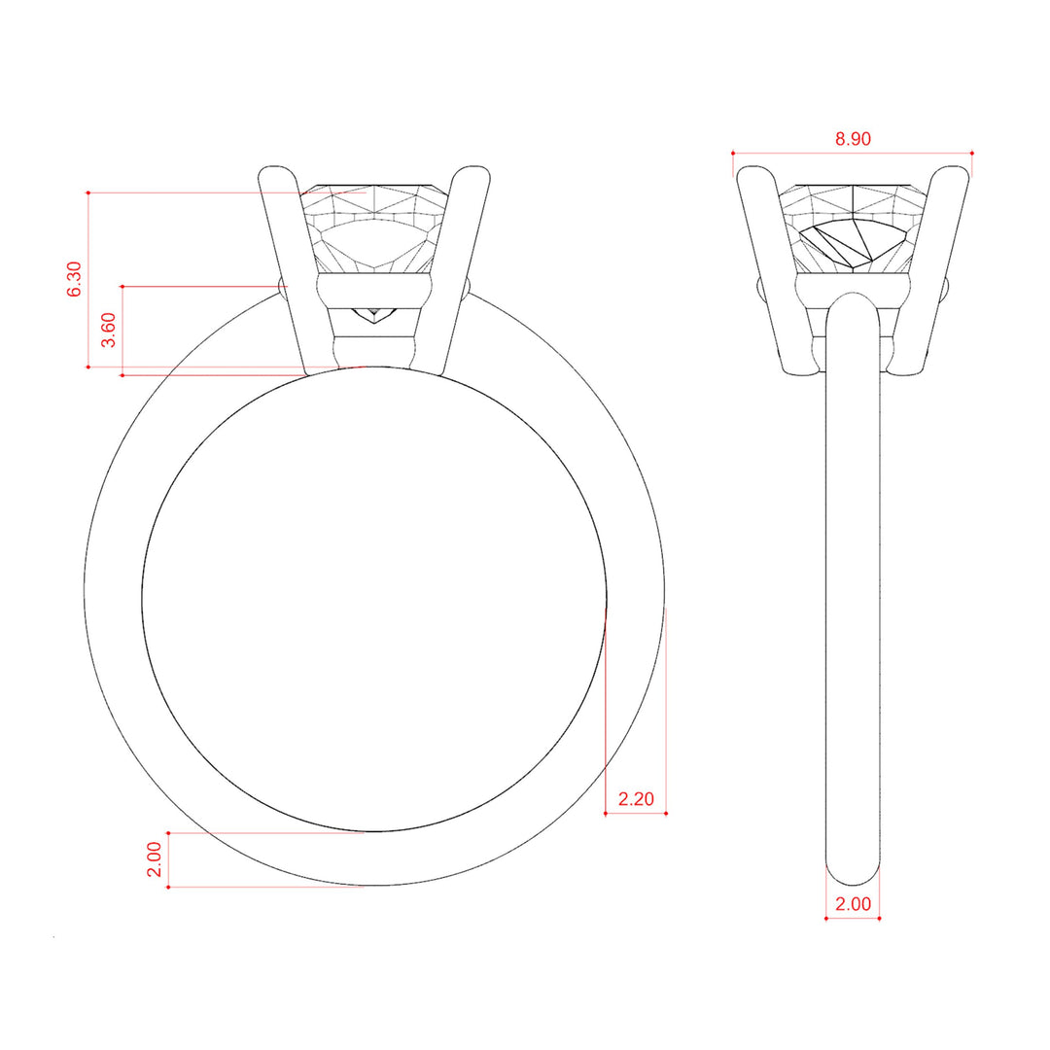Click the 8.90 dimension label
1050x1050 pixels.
[x=853, y=139]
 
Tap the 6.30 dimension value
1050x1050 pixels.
[x=74, y=279]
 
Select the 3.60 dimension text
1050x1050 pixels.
[x=108, y=331]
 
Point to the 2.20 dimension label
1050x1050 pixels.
[x=636, y=799]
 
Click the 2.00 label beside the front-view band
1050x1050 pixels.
[x=154, y=859]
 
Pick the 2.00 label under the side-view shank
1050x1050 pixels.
[x=853, y=904]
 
